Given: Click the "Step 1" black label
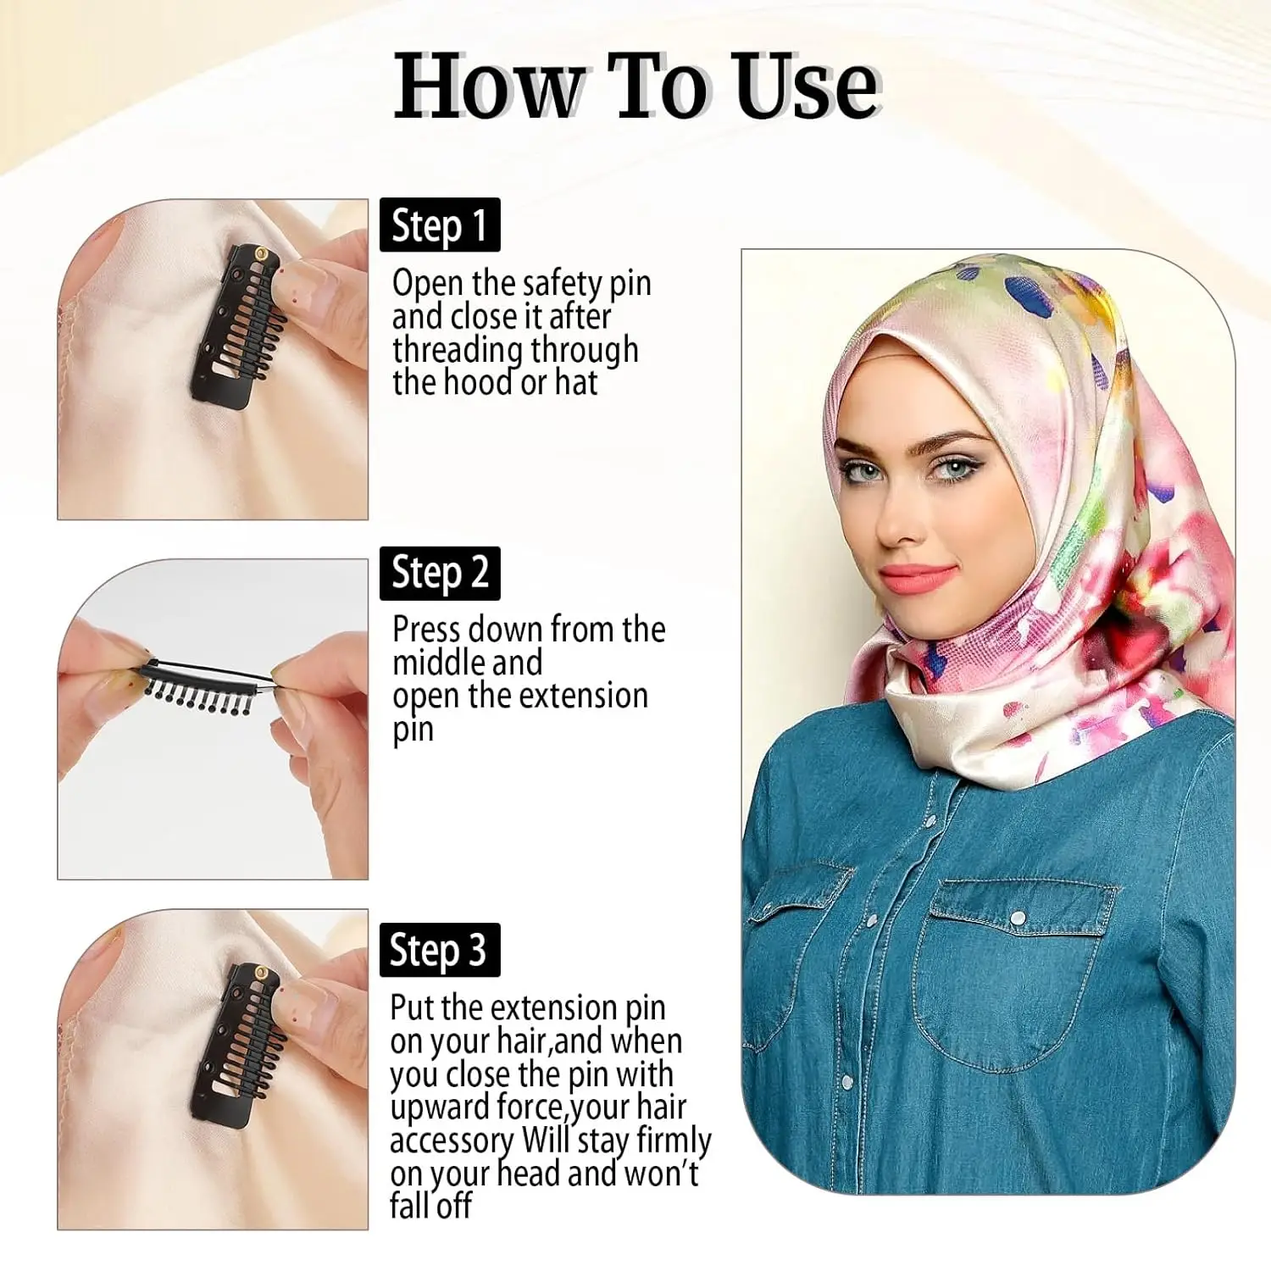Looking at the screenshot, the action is click(440, 225).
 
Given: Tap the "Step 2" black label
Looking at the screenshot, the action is click(440, 574).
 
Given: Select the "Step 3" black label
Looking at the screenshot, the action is click(440, 950).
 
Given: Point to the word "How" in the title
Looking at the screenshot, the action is click(489, 86).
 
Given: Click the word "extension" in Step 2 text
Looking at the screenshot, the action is click(583, 696).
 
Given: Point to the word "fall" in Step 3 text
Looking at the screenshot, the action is click(411, 1206).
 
